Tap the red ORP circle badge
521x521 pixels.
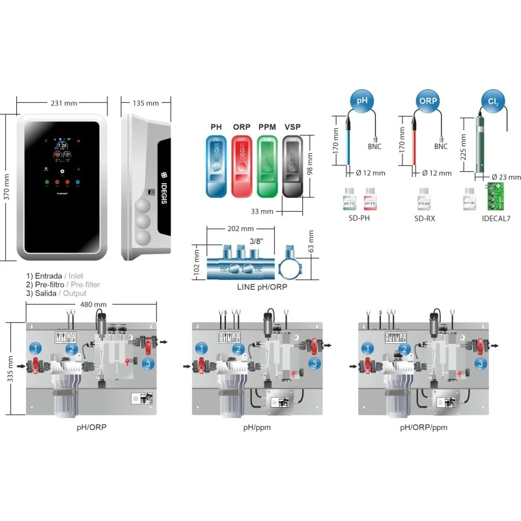coord(427,102)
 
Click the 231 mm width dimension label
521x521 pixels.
coord(64,103)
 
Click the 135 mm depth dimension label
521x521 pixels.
coord(146,103)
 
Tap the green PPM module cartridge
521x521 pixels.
coord(268,166)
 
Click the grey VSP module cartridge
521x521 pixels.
coord(293,166)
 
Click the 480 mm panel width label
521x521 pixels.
coord(93,305)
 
